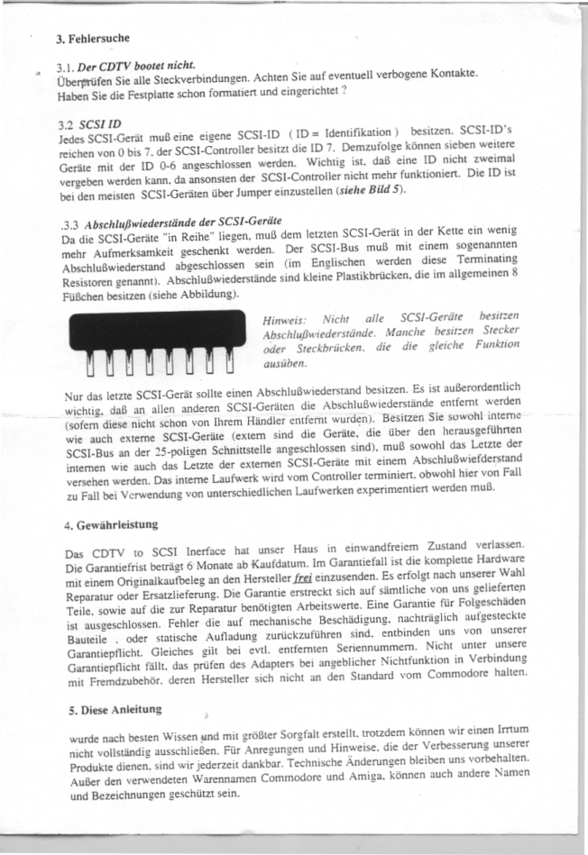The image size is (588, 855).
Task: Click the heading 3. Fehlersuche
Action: pos(93,39)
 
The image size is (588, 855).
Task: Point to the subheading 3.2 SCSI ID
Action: pos(89,121)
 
